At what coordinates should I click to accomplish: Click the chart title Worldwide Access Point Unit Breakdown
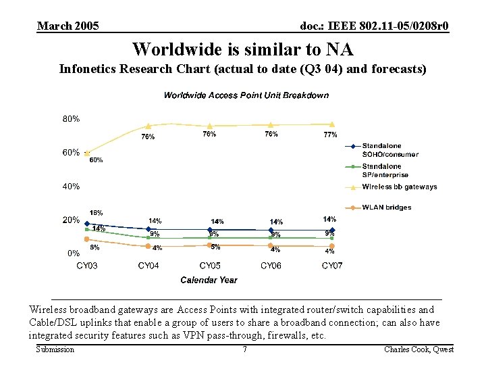(246, 95)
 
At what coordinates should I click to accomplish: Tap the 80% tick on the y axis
(72, 119)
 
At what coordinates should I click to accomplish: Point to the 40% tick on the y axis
(72, 186)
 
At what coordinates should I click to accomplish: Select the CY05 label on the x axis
(209, 266)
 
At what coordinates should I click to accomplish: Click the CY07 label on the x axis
(332, 266)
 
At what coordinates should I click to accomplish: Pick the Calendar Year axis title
(209, 280)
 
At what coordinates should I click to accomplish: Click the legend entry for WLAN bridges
(386, 208)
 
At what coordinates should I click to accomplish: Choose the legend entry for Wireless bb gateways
(399, 187)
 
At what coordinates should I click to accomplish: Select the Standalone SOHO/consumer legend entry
(389, 150)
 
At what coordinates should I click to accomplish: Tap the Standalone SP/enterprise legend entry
(385, 170)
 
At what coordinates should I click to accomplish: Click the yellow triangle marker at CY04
(148, 126)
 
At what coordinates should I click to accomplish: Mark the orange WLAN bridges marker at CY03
(87, 239)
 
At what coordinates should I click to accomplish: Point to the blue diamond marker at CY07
(332, 230)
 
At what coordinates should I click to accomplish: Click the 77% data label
(330, 135)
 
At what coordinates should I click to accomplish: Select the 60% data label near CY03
(96, 160)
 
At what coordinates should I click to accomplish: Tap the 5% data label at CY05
(215, 247)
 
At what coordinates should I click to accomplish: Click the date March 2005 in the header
(68, 26)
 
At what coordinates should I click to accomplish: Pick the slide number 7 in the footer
(244, 349)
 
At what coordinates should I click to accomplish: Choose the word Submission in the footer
(55, 349)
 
